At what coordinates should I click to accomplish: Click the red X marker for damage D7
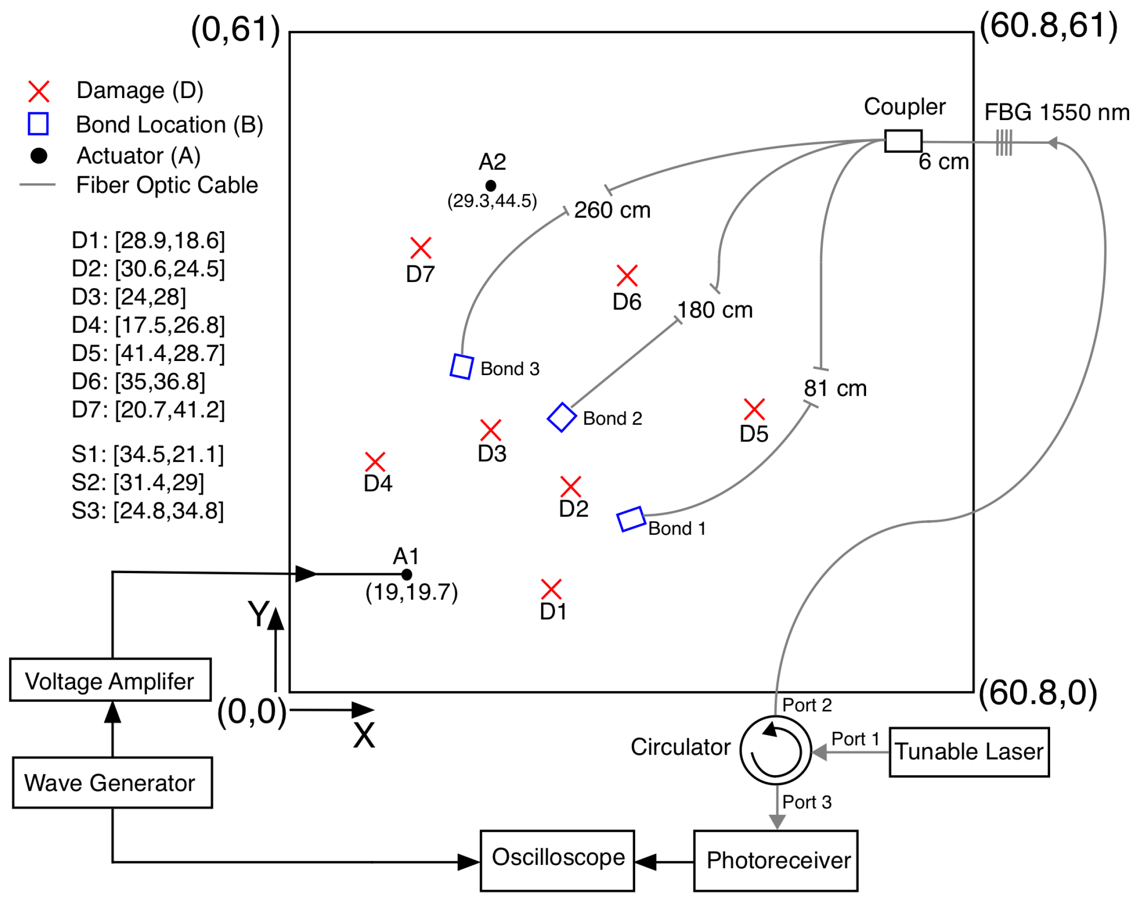point(421,248)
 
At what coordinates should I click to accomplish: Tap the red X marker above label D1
point(551,590)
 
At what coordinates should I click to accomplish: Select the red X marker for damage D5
point(755,409)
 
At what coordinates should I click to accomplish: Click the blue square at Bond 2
point(562,418)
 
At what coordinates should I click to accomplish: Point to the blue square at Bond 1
point(631,519)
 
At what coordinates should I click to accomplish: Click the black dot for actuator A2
point(491,186)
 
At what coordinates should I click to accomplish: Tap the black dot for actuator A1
point(406,575)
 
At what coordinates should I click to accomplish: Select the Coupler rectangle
point(903,141)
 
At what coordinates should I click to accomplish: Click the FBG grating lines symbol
point(1004,142)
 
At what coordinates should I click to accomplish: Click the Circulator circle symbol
point(776,750)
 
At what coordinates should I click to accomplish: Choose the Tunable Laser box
point(969,752)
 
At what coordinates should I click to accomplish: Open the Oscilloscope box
point(557,861)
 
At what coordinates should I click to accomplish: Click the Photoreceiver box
point(776,861)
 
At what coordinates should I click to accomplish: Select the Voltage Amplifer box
point(111,680)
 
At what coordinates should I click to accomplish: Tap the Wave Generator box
point(112,782)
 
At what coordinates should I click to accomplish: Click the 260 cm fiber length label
point(612,210)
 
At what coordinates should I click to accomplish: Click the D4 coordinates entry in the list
point(148,325)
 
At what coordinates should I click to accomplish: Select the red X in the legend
point(39,92)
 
